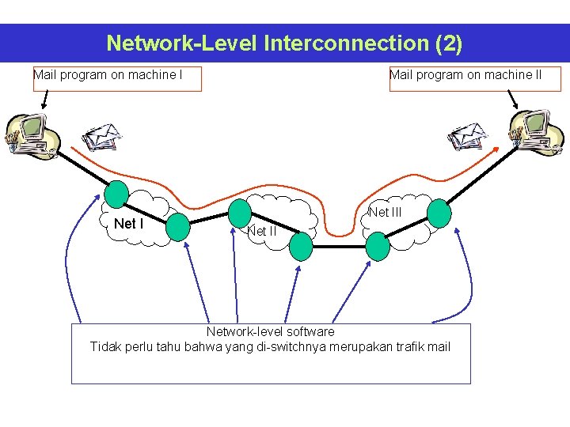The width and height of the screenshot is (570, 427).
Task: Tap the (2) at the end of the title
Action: click(x=449, y=43)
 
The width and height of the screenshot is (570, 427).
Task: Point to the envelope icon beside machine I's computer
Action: click(x=101, y=137)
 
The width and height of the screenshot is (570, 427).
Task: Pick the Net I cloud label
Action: click(x=129, y=224)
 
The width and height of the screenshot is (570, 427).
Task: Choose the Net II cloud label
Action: click(x=261, y=232)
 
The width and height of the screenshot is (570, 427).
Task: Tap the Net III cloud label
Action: click(x=386, y=212)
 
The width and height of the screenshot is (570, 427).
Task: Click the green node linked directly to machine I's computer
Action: click(x=116, y=194)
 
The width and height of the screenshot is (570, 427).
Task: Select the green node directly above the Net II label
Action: click(x=240, y=212)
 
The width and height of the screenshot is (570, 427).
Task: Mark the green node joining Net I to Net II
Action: click(x=178, y=226)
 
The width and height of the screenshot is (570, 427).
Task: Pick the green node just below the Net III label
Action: click(x=378, y=247)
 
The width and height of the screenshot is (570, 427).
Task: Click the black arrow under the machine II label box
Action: click(x=513, y=100)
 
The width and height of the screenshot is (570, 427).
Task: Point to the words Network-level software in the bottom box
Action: click(x=270, y=331)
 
